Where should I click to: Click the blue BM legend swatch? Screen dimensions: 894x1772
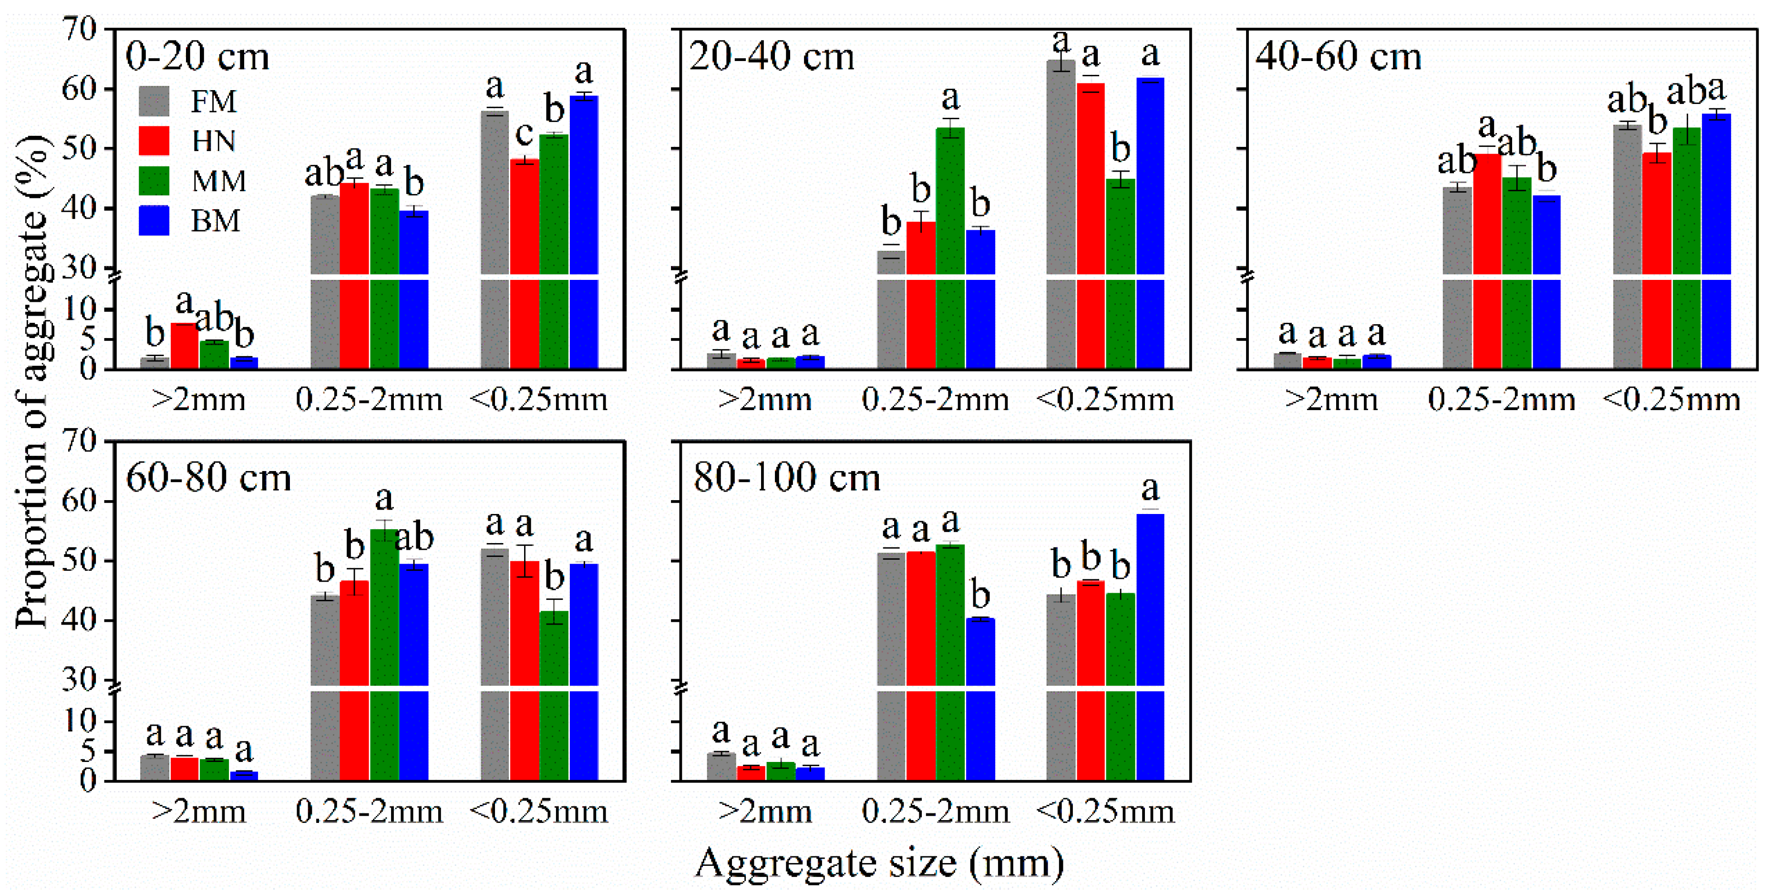coord(154,221)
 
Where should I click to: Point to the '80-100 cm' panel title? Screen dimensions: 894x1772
coord(786,477)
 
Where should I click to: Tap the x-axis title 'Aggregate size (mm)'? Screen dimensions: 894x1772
coord(879,863)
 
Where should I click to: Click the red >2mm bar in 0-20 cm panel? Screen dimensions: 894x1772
coord(185,346)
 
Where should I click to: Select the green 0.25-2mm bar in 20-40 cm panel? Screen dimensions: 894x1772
coord(950,247)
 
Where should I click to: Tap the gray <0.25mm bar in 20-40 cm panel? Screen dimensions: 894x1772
coord(1061,213)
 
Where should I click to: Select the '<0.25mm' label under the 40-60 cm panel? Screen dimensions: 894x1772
coord(1671,400)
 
